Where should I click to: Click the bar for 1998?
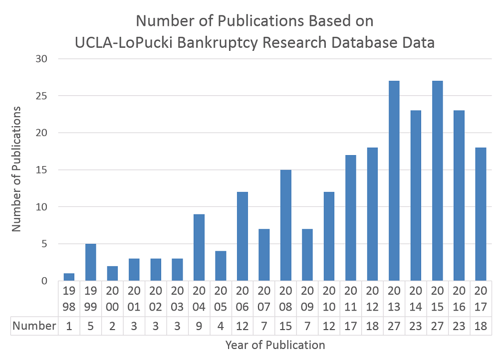[69, 277]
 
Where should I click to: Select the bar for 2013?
[394, 181]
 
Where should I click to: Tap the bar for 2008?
[286, 225]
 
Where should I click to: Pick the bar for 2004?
[199, 247]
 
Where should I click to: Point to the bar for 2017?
[481, 214]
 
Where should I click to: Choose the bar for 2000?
[113, 274]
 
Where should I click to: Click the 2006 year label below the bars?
[243, 298]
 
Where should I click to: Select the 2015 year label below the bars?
[437, 298]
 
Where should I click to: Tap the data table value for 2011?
[350, 326]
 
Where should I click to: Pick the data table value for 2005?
[221, 326]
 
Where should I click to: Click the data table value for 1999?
[91, 326]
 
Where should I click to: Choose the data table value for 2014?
[416, 326]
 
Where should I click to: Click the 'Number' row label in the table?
[34, 326]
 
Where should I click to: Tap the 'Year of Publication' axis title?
[275, 345]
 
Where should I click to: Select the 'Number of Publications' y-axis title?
[16, 169]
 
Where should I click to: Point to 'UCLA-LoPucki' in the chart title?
[112, 43]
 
